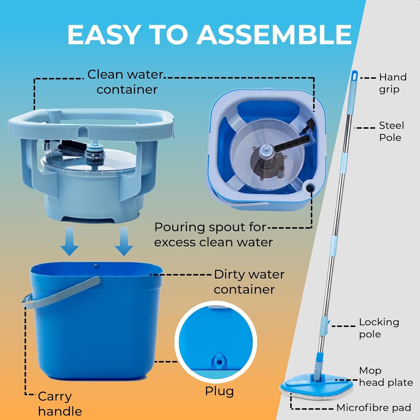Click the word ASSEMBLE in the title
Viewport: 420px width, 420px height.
274,34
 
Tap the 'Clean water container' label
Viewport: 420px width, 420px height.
125,82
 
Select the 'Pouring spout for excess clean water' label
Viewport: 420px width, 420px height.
213,235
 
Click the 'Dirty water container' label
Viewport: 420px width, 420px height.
249,282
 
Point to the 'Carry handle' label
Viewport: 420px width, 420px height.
60,404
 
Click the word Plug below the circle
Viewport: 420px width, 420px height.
219,391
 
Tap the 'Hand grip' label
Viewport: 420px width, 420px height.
393,83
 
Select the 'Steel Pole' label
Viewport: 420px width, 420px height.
391,131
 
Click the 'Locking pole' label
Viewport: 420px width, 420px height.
379,328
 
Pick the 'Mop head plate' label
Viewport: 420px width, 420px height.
386,376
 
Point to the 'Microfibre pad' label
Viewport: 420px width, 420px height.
374,408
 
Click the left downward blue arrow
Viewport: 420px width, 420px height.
70,241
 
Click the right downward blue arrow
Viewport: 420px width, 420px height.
124,241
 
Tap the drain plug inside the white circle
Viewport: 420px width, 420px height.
219,361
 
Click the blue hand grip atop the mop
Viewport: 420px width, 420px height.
354,77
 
